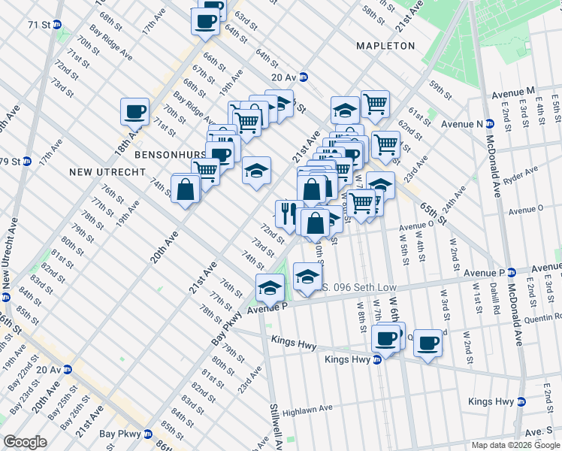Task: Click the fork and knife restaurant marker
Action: tap(289, 213)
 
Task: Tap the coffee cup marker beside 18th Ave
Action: tap(134, 112)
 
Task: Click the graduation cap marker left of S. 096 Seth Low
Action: tap(270, 287)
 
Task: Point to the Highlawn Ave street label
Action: tap(307, 409)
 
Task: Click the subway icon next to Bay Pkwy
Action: tap(148, 434)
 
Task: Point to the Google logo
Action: tap(26, 442)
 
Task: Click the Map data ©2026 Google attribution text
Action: tap(515, 445)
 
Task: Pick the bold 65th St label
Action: tap(434, 214)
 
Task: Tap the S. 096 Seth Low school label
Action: tap(356, 286)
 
